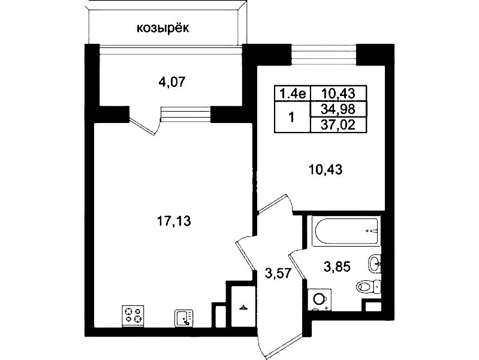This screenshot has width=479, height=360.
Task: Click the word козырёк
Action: [163, 28]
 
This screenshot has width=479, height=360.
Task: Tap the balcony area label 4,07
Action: [172, 82]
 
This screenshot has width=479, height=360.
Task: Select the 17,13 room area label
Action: [174, 221]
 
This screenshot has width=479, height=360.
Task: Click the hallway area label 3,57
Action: [278, 273]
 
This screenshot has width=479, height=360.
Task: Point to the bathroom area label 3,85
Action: [337, 266]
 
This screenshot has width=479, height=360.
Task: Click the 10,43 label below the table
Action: [326, 169]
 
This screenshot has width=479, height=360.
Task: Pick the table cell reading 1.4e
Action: [293, 93]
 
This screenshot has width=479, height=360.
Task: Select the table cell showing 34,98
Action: [338, 109]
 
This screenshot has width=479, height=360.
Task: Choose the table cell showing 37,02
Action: [338, 124]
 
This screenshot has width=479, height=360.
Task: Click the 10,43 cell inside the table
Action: [338, 93]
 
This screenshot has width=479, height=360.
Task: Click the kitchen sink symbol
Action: [184, 318]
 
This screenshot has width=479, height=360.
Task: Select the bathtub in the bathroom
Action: [345, 231]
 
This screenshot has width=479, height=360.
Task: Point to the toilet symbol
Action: [369, 287]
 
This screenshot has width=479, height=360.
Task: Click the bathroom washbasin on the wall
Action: [375, 263]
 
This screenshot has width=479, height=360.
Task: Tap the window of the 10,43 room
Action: [324, 55]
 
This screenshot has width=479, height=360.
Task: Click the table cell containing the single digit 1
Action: [292, 117]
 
